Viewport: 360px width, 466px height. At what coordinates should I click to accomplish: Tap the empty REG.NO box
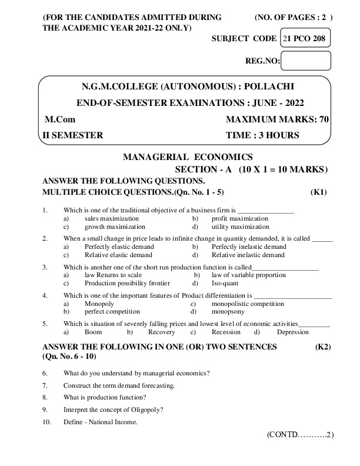[306, 61]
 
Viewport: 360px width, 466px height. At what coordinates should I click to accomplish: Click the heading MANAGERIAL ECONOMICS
[188, 157]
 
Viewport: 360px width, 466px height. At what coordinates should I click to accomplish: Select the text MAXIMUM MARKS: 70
[277, 120]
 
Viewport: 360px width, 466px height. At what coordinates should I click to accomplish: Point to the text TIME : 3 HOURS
[262, 135]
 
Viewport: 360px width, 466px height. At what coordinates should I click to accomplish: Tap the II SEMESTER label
[73, 135]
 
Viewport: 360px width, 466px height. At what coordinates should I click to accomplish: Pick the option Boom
[93, 332]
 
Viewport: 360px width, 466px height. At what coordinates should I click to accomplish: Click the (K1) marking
[318, 192]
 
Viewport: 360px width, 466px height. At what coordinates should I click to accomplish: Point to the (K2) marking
[322, 347]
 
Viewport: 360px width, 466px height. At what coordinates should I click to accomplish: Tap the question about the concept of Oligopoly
[114, 410]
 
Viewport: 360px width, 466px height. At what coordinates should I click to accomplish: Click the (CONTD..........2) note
[300, 435]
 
